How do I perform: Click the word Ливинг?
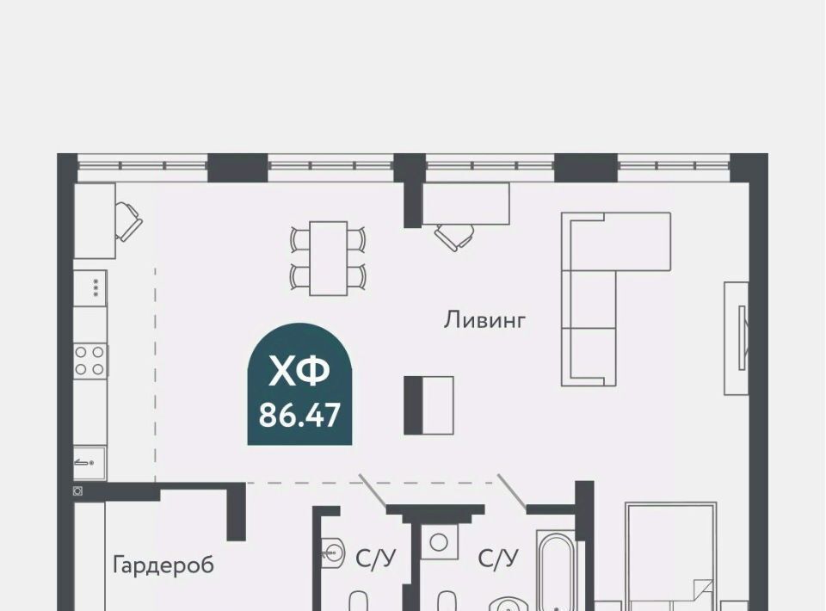(x=484, y=320)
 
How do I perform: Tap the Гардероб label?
(x=163, y=565)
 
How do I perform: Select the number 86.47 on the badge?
(x=299, y=415)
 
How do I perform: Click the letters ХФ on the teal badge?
(x=299, y=371)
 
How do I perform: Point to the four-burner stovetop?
(x=89, y=361)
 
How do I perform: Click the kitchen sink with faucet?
(x=89, y=463)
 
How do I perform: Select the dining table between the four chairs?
(x=328, y=258)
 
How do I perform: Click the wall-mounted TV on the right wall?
(x=743, y=337)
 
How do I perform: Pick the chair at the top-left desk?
(x=127, y=220)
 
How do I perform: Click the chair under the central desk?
(x=454, y=237)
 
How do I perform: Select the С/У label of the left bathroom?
(x=376, y=559)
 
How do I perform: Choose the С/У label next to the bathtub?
(x=498, y=559)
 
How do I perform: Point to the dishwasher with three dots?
(x=90, y=287)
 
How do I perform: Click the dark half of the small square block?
(x=413, y=405)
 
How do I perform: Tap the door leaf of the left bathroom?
(x=373, y=491)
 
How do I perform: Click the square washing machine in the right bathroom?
(x=439, y=542)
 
